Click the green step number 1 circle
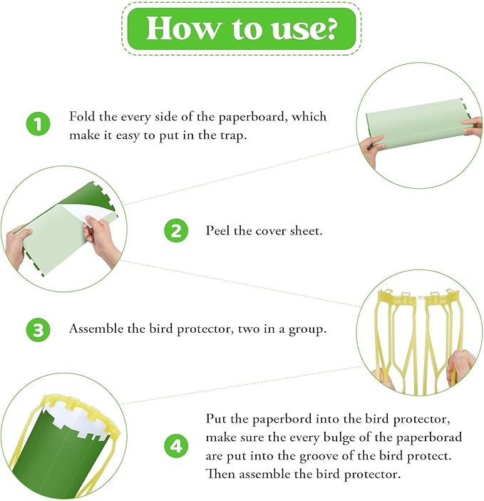coord(38,124)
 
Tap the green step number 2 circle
coord(176,230)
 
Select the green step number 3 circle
coord(38,329)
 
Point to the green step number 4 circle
coord(176,445)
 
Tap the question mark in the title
coord(328,28)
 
